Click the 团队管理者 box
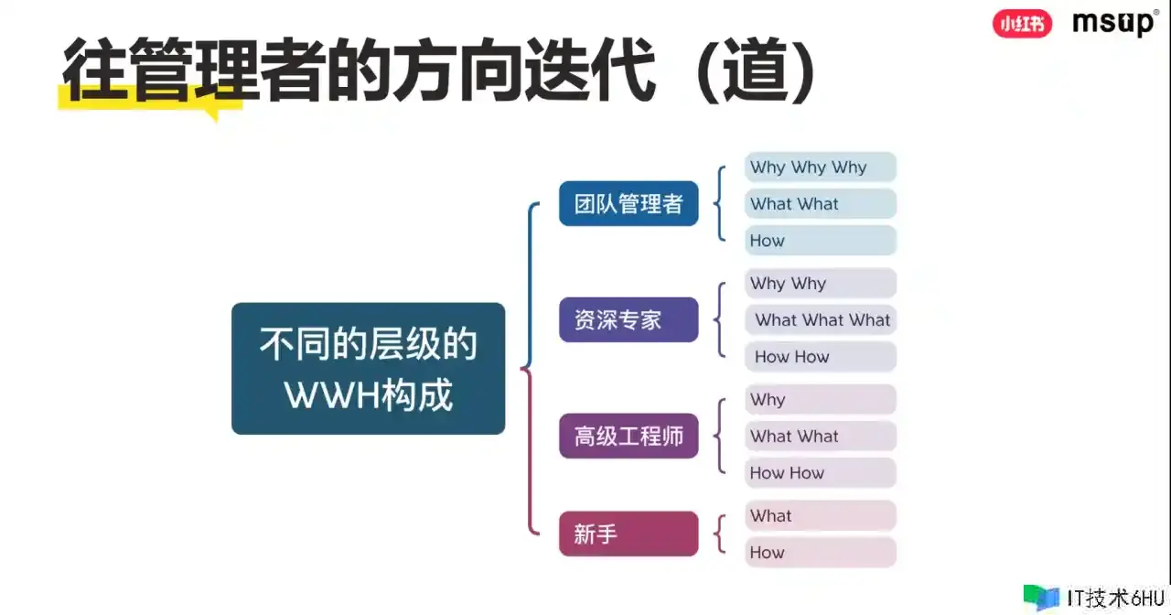click(x=628, y=203)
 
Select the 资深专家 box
click(x=628, y=319)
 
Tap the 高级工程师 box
click(x=628, y=436)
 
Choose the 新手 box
click(x=628, y=534)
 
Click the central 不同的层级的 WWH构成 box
click(x=368, y=368)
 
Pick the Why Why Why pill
click(x=821, y=167)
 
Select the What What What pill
click(x=821, y=319)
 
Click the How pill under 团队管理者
click(x=821, y=240)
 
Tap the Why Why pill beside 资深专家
click(x=821, y=283)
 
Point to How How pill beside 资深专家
click(x=821, y=356)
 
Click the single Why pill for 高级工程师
click(x=821, y=399)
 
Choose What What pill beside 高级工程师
click(x=821, y=436)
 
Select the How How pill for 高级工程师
click(x=821, y=472)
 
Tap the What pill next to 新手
click(x=821, y=515)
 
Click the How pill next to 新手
click(x=821, y=552)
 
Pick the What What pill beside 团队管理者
click(x=821, y=203)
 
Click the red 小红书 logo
click(x=1022, y=24)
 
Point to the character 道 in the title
click(x=757, y=70)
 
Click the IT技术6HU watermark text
click(x=1115, y=598)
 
